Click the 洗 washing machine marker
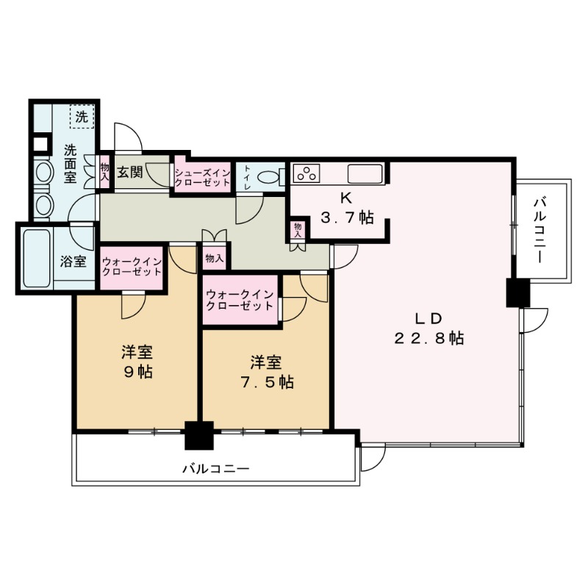(x=82, y=115)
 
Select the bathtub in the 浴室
(x=36, y=259)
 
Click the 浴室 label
(x=73, y=262)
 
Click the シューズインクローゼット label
(x=202, y=177)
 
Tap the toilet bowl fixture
(x=273, y=176)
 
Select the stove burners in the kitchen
(x=307, y=174)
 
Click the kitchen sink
(x=365, y=174)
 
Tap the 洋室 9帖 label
(x=137, y=362)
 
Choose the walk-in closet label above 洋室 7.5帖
(x=240, y=300)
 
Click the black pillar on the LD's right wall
(x=517, y=293)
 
